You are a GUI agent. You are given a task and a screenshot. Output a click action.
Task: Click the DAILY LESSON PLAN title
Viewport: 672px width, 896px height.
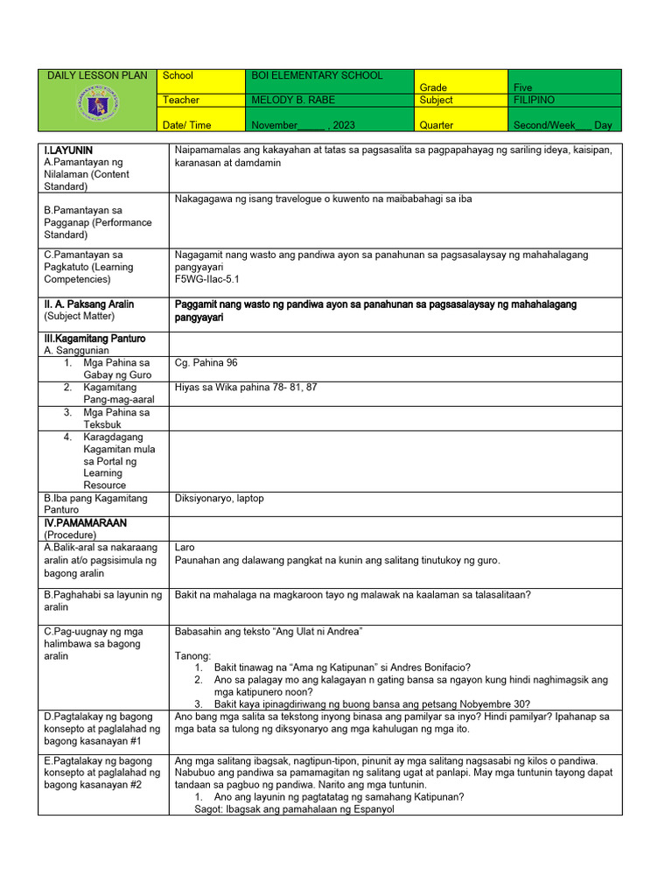click(98, 76)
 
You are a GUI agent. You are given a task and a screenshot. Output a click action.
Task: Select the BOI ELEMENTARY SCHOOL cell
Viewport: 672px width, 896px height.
click(317, 76)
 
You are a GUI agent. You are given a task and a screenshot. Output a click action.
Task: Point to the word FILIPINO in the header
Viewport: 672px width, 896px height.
click(534, 101)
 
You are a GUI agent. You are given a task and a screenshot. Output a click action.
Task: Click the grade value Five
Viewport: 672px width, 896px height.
click(522, 87)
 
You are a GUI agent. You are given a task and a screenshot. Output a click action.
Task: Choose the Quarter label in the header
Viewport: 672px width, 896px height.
click(437, 125)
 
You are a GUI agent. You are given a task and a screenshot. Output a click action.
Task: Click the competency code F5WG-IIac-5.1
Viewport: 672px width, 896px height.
click(207, 279)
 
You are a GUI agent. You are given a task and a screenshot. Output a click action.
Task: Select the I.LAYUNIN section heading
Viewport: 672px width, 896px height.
click(68, 150)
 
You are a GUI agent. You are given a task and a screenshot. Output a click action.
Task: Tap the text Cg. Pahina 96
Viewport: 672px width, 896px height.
click(206, 363)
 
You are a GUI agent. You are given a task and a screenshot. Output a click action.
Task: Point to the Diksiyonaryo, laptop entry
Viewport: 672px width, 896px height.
click(220, 499)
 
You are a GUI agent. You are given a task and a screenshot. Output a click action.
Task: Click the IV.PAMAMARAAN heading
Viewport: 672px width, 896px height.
click(85, 523)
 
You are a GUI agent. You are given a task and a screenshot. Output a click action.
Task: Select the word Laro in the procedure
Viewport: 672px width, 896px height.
click(185, 548)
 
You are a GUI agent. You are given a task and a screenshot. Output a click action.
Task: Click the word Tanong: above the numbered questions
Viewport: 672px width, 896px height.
click(192, 655)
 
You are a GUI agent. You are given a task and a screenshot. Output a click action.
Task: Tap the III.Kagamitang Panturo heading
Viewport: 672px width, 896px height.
click(94, 339)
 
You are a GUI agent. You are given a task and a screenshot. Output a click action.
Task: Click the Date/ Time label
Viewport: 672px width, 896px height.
click(186, 125)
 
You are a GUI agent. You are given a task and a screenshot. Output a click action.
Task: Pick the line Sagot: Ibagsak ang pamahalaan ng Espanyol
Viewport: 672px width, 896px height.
click(294, 809)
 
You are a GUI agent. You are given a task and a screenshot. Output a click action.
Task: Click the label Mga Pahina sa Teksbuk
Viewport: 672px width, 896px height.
click(115, 418)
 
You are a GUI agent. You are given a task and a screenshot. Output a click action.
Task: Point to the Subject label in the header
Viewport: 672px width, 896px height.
click(437, 101)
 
